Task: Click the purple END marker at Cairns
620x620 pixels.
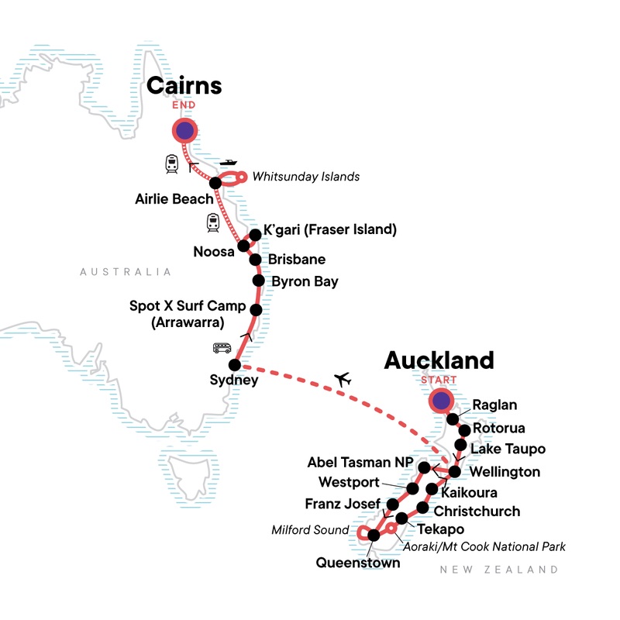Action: [x=184, y=132]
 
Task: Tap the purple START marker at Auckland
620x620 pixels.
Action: [x=441, y=401]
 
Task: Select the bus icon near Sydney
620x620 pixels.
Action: [x=222, y=349]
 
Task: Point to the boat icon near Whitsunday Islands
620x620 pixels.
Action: [x=229, y=163]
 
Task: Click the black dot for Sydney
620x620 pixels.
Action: [x=233, y=365]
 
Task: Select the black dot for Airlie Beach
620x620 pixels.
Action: [x=215, y=182]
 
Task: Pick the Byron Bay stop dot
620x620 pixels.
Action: [x=259, y=281]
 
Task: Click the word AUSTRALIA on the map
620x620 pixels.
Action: [x=125, y=272]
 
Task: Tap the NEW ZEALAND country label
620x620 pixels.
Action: [x=498, y=570]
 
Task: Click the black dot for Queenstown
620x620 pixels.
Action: [x=374, y=535]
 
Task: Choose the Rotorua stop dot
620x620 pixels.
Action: [x=464, y=429]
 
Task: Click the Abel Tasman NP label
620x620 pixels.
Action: [x=359, y=462]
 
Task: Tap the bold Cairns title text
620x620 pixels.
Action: [x=184, y=85]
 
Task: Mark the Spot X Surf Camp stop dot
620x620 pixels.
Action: [x=257, y=310]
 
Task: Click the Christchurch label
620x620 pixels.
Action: [x=477, y=511]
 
